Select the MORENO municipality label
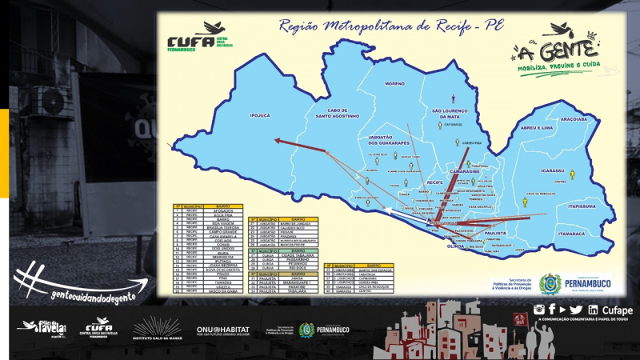click(394, 83)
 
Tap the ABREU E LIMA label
click(536, 128)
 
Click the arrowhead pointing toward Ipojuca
click(276, 141)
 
